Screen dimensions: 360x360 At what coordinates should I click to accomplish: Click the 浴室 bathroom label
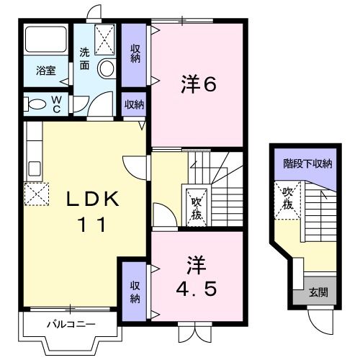pyautogui.click(x=45, y=70)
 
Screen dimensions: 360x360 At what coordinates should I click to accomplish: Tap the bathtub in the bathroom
pyautogui.click(x=46, y=41)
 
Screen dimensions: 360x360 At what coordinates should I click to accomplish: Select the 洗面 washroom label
pyautogui.click(x=85, y=58)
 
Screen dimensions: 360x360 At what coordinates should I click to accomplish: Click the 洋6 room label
pyautogui.click(x=197, y=84)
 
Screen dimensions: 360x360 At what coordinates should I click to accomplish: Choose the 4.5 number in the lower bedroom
pyautogui.click(x=195, y=288)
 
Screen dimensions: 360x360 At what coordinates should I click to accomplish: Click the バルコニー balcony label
pyautogui.click(x=71, y=323)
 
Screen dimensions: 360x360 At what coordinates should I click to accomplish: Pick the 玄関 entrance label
pyautogui.click(x=318, y=292)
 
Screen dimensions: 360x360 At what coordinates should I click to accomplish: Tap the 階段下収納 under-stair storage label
pyautogui.click(x=307, y=164)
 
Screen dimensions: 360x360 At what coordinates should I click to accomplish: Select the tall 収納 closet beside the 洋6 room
pyautogui.click(x=135, y=54)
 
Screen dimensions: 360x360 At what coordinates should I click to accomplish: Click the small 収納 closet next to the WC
pyautogui.click(x=134, y=104)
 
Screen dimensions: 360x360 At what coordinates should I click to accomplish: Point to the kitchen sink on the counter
pyautogui.click(x=33, y=170)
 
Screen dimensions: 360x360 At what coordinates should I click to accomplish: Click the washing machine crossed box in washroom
pyautogui.click(x=105, y=38)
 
